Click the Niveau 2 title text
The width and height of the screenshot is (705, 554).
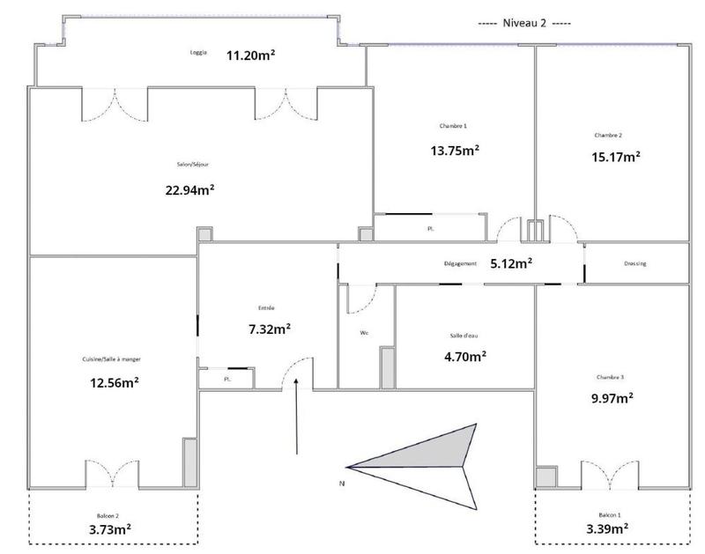[x=524, y=23]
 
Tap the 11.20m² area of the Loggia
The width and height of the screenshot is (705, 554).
[x=251, y=54]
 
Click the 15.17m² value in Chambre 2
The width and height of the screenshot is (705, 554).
[x=614, y=158]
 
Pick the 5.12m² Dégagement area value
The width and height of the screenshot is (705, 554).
[x=510, y=263]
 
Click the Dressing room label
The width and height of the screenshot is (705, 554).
[x=635, y=263]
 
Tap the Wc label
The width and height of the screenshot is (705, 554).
[x=364, y=333]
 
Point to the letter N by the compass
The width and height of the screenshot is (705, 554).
[x=340, y=484]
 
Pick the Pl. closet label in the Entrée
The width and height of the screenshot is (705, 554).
[x=226, y=380]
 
